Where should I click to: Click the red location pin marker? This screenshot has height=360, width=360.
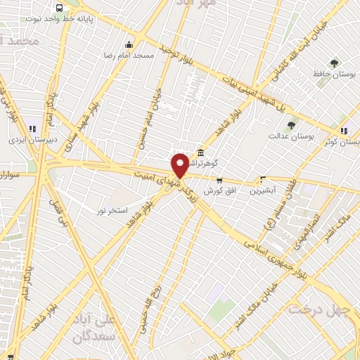tap(180, 166)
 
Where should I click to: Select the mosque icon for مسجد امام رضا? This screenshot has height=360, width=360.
tap(127, 44)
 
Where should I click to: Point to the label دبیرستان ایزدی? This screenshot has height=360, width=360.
tap(32, 140)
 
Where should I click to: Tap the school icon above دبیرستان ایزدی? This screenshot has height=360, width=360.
tap(32, 129)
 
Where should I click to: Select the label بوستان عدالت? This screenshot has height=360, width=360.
tap(290, 136)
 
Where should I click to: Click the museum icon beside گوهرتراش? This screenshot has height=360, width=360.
tap(201, 153)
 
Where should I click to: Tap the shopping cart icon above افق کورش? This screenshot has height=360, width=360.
tap(219, 181)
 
